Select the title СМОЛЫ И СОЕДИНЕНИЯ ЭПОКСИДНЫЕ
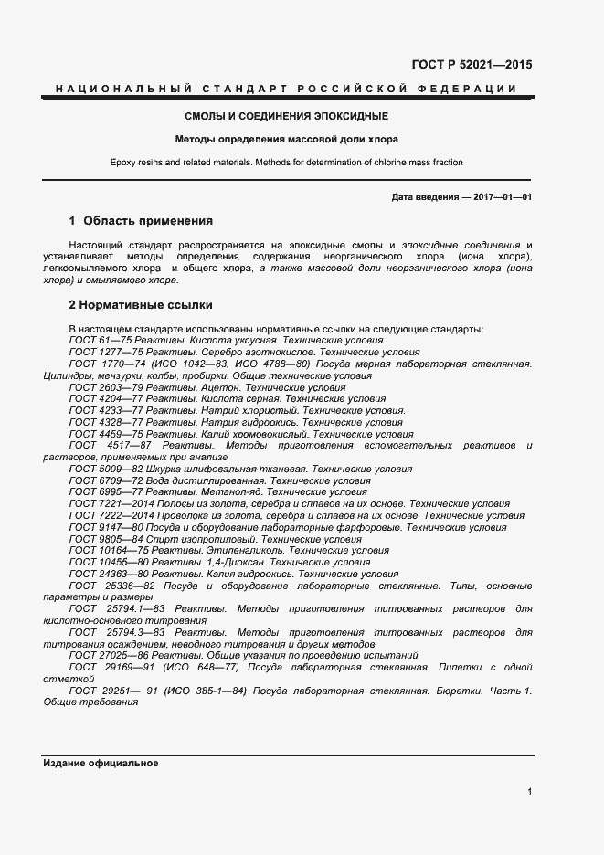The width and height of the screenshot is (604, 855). tap(287, 117)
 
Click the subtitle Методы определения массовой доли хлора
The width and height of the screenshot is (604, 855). tap(287, 140)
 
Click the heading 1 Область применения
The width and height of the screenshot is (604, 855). tap(141, 221)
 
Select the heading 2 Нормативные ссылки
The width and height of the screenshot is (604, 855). tap(141, 304)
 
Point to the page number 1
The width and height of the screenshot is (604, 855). tap(529, 792)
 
